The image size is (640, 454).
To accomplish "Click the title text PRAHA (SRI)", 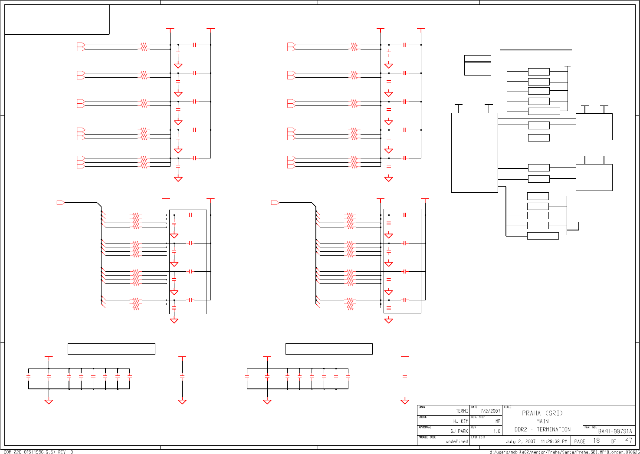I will (542, 413).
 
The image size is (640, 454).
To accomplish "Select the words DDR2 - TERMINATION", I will (542, 430).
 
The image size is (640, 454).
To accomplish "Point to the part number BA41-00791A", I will (615, 431).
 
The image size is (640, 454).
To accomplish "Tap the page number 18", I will (597, 441).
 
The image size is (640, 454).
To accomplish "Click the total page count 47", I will (628, 441).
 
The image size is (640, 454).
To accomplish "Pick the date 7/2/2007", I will (490, 411).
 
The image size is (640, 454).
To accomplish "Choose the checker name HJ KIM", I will (460, 421).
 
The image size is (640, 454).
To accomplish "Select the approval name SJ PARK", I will (459, 431).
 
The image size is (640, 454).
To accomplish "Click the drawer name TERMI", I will (462, 411).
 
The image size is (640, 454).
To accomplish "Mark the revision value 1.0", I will (496, 431).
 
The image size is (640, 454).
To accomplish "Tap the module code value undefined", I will (456, 441).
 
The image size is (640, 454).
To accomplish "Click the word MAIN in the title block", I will (542, 421).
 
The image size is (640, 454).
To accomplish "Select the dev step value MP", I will (498, 421).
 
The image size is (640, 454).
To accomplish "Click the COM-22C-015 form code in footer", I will (38, 452).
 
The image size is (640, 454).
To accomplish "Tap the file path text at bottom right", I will (564, 452).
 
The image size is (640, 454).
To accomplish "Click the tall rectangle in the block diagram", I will (474, 153).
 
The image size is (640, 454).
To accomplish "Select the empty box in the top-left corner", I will (57, 20).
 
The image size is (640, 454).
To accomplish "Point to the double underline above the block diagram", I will (535, 50).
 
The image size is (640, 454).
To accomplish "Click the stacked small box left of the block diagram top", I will (477, 65).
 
